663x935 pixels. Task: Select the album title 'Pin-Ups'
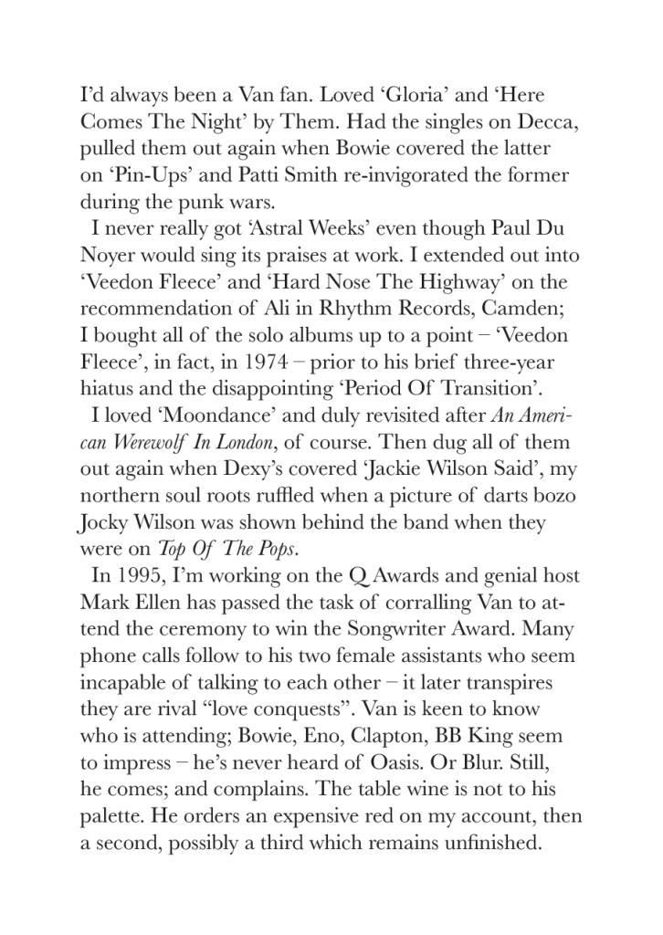tap(138, 174)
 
